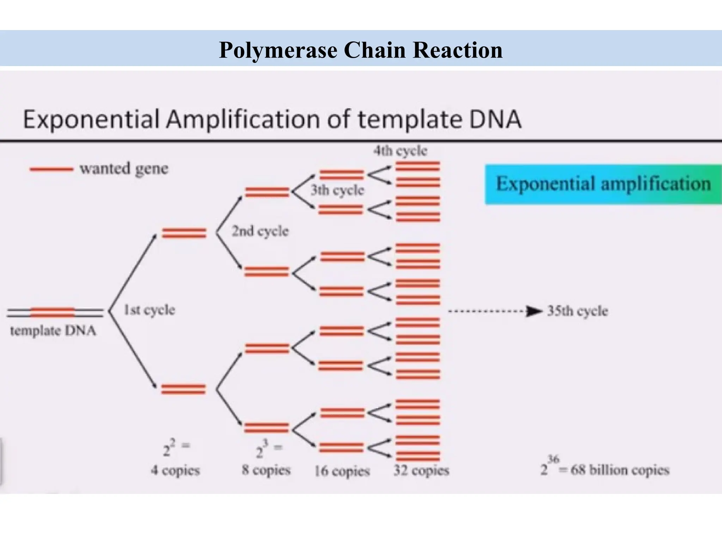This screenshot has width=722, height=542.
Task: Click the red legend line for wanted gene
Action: tap(51, 169)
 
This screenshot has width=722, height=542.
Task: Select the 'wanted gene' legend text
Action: tap(124, 169)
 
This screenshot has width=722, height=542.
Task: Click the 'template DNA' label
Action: tap(53, 331)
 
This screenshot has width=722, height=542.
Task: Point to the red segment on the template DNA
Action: tap(53, 312)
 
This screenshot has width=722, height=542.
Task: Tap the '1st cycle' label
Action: tap(149, 310)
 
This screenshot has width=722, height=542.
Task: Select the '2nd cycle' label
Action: tap(260, 231)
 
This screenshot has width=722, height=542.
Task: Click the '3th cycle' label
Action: tap(337, 191)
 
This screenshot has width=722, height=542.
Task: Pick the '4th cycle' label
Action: tap(400, 151)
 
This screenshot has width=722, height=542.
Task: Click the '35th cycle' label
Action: tap(577, 311)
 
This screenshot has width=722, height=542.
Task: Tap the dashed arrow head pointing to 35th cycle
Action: tap(534, 311)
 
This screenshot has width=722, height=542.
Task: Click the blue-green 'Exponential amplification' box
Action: tap(603, 184)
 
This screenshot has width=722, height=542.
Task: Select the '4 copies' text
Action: tap(175, 470)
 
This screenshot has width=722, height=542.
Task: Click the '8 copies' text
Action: tap(266, 470)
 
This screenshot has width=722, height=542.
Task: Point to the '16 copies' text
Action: tap(342, 471)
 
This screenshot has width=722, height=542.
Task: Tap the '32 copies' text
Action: tap(421, 470)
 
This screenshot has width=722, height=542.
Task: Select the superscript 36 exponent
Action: tap(553, 459)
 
